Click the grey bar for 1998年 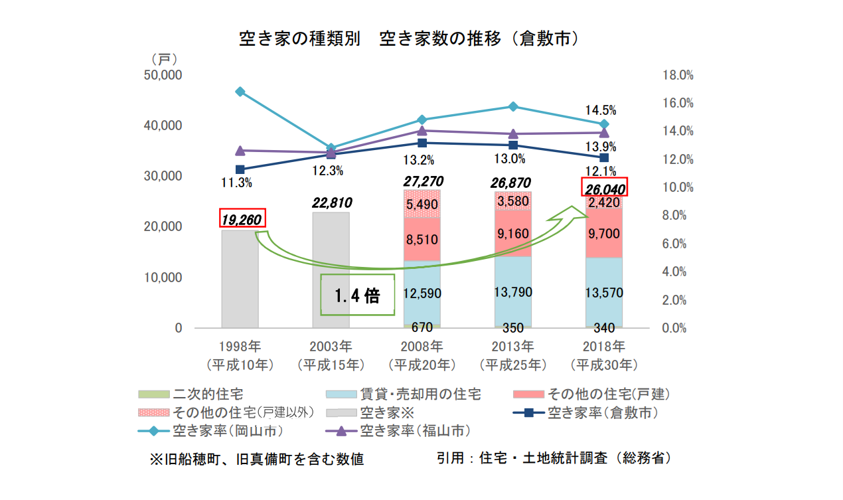240,279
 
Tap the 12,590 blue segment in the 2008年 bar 421,293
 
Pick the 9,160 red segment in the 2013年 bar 512,233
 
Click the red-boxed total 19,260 242,218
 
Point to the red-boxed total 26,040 605,188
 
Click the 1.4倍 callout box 356,295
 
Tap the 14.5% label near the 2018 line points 601,110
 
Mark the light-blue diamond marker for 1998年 240,92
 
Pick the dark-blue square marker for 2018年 604,157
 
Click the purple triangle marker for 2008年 422,130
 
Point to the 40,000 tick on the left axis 163,125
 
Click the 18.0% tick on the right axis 678,75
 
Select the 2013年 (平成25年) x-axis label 512,355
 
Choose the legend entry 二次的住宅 202,394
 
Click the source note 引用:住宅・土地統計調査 554,458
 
